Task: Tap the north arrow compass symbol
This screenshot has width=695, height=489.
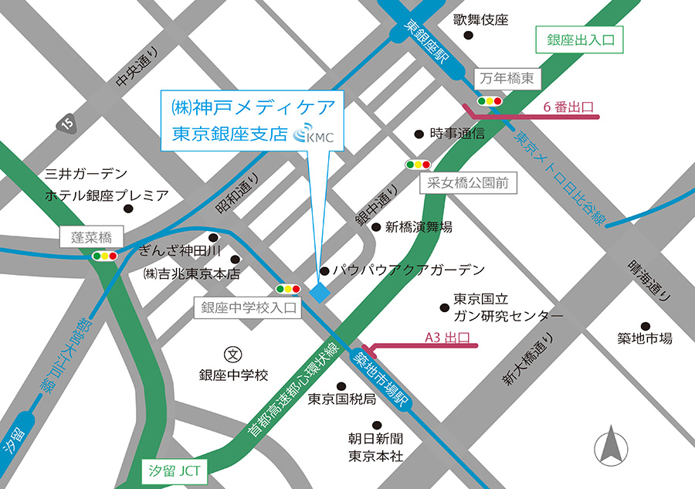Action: [612, 446]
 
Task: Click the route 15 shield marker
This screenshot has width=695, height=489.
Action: [67, 121]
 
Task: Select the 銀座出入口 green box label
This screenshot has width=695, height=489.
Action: [578, 40]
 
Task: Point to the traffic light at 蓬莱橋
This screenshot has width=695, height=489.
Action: [103, 255]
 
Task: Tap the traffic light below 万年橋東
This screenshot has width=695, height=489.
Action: [490, 100]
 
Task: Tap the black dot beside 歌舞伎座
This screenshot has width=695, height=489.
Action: [467, 35]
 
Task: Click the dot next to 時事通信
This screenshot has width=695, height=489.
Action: [419, 134]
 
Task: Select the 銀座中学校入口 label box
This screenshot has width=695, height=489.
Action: [248, 307]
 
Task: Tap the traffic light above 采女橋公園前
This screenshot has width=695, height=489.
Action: [418, 165]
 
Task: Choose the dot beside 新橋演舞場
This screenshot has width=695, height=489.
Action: [376, 227]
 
